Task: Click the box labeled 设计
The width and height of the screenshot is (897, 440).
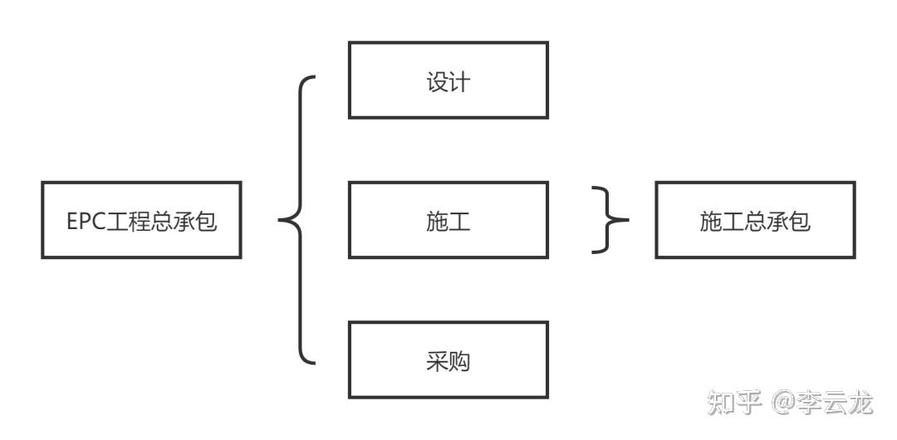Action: tap(448, 80)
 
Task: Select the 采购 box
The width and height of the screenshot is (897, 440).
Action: tap(448, 359)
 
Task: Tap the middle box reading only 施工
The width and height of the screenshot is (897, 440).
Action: tap(448, 220)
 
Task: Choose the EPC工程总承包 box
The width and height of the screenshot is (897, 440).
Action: tap(141, 220)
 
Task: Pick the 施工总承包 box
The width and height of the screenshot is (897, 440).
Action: tap(755, 220)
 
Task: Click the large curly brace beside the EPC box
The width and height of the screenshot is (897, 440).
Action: tap(297, 221)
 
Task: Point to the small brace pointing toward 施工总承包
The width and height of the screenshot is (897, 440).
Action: tap(610, 220)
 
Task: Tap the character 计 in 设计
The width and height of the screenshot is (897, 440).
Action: tap(459, 82)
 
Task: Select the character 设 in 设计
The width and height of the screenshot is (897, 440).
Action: tap(437, 82)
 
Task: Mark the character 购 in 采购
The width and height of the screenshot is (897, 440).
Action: tap(459, 362)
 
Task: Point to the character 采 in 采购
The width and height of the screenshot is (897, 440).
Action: tap(437, 362)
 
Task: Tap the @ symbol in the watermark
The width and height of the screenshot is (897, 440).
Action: tap(784, 404)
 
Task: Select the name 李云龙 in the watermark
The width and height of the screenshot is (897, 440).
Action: tap(836, 403)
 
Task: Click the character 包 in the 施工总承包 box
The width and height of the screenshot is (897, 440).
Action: tap(800, 222)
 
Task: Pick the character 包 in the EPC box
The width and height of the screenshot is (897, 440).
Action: tap(207, 222)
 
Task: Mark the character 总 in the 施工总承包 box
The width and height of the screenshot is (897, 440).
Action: tap(755, 222)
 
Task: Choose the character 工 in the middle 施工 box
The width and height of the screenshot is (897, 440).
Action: tap(459, 222)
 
